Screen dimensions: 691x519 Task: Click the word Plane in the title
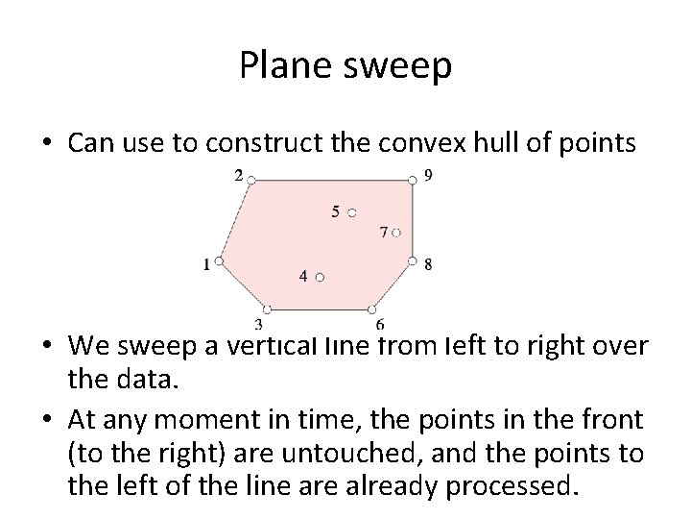point(282,65)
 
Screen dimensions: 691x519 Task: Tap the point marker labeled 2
point(250,179)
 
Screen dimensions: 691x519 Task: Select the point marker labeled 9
point(413,179)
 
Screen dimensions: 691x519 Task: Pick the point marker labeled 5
point(352,211)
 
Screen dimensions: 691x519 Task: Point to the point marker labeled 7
point(396,232)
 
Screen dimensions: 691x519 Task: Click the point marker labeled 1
point(220,260)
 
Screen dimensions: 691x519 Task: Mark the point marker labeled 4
point(321,277)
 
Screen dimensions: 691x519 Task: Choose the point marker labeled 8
point(413,260)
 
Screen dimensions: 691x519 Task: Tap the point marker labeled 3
point(267,309)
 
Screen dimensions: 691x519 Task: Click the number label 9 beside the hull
point(428,175)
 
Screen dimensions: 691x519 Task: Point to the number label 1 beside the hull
point(206,264)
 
